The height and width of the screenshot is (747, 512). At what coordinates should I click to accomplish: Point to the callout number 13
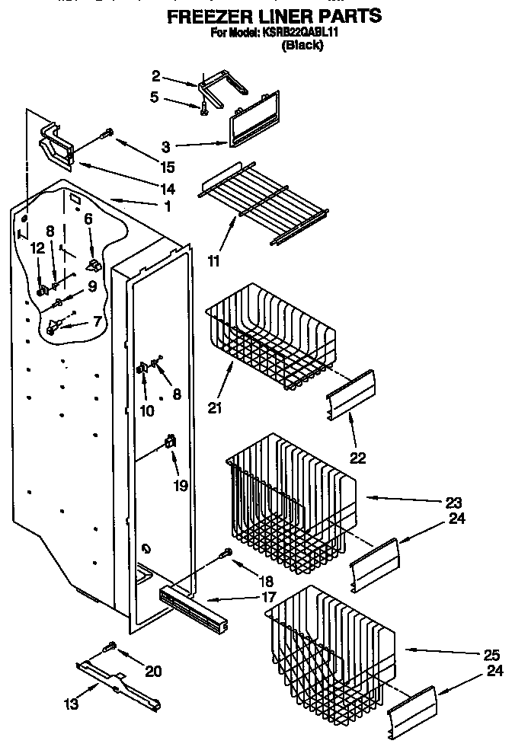pyautogui.click(x=72, y=704)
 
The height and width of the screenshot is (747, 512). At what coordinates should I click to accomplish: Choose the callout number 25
pyautogui.click(x=492, y=654)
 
